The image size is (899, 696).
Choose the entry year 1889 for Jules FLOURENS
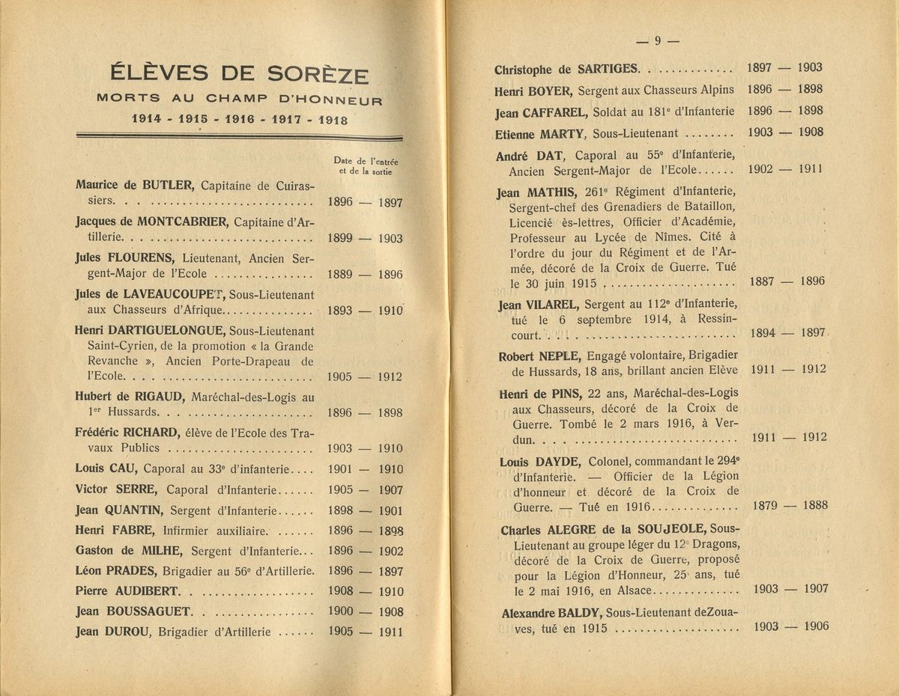[x=341, y=275]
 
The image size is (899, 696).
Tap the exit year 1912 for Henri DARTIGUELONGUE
[x=390, y=376]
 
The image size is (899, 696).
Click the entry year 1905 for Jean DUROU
[x=341, y=631]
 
